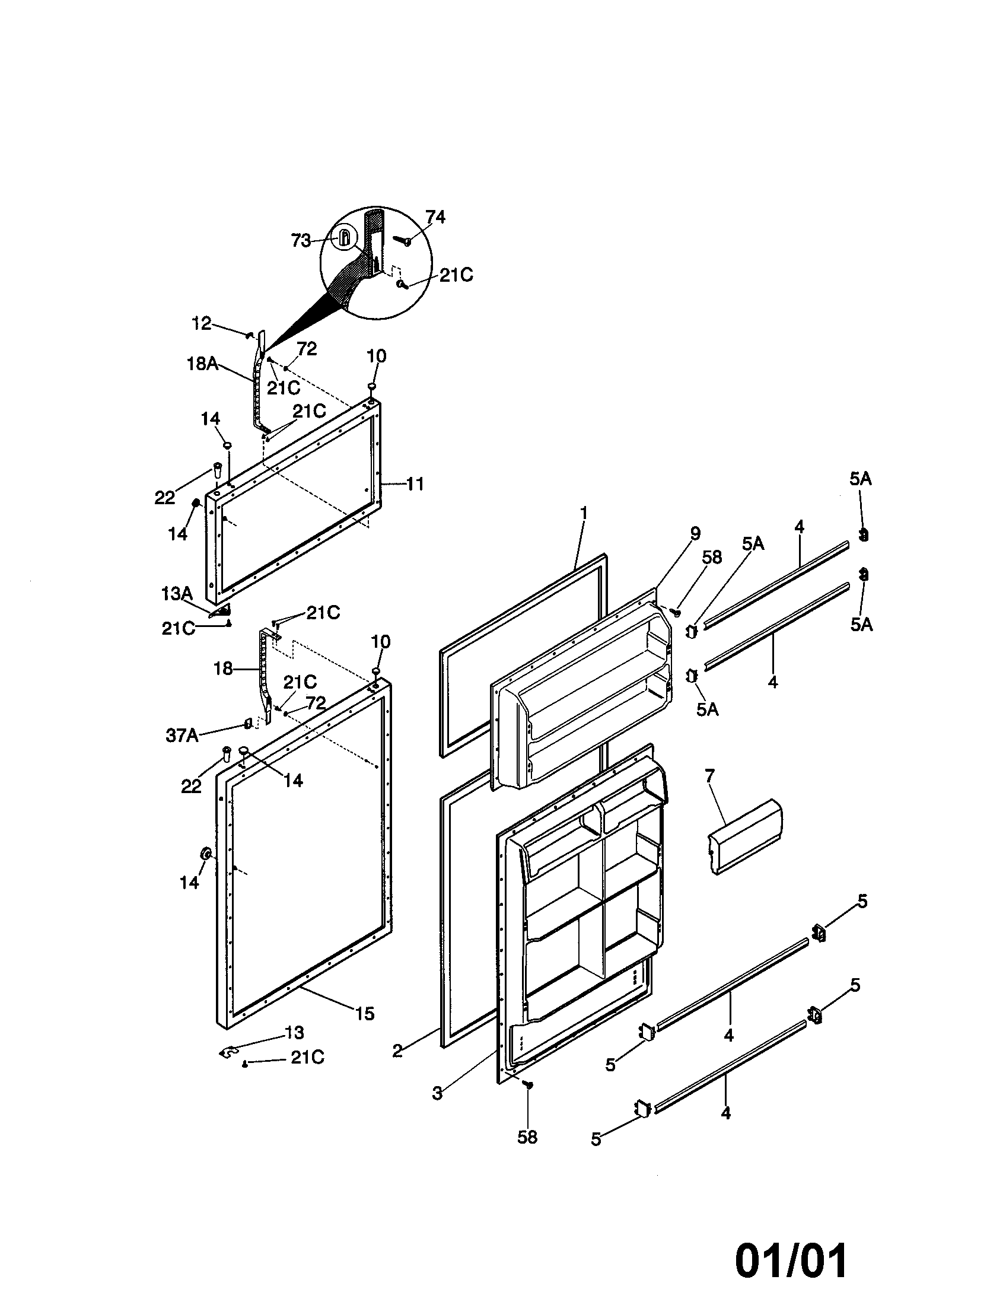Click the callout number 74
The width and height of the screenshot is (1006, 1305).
pyautogui.click(x=435, y=217)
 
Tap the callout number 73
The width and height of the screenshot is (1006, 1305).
pyautogui.click(x=301, y=240)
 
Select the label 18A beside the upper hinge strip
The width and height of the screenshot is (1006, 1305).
pyautogui.click(x=202, y=363)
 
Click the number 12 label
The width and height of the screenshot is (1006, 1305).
pyautogui.click(x=201, y=323)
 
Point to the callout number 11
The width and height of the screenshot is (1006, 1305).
pyautogui.click(x=415, y=483)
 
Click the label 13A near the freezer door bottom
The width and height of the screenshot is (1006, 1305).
pyautogui.click(x=177, y=593)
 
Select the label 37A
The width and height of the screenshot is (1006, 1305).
pyautogui.click(x=182, y=735)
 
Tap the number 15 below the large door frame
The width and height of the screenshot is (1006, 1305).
pyautogui.click(x=364, y=1013)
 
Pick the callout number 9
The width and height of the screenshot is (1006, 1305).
pyautogui.click(x=695, y=533)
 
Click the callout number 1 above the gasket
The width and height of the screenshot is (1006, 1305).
pyautogui.click(x=584, y=513)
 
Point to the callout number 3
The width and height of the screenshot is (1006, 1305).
pyautogui.click(x=437, y=1093)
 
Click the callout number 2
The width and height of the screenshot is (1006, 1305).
pyautogui.click(x=397, y=1051)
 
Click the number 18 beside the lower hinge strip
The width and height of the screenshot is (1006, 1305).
pyautogui.click(x=223, y=669)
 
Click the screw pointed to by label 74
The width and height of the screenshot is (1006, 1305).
pyautogui.click(x=403, y=240)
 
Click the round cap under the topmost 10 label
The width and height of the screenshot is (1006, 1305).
pyautogui.click(x=371, y=387)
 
